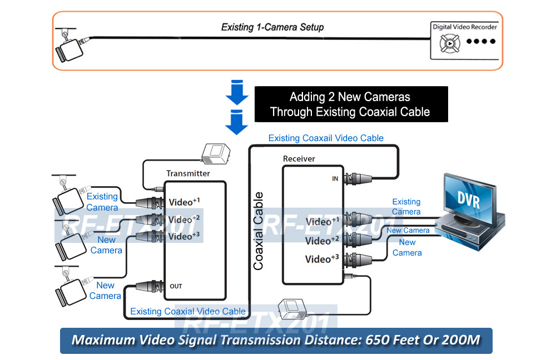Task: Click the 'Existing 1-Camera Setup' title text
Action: click(x=272, y=27)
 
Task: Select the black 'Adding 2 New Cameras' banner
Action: click(x=350, y=104)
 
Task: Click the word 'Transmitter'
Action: click(x=188, y=173)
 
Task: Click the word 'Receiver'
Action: click(x=299, y=159)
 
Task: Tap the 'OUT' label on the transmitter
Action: click(x=176, y=286)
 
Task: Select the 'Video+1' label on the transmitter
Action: click(x=183, y=201)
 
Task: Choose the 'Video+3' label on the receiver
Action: click(x=322, y=259)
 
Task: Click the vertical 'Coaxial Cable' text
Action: click(x=259, y=231)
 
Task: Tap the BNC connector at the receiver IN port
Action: click(x=356, y=179)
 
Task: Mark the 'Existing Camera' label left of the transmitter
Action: click(x=102, y=202)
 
